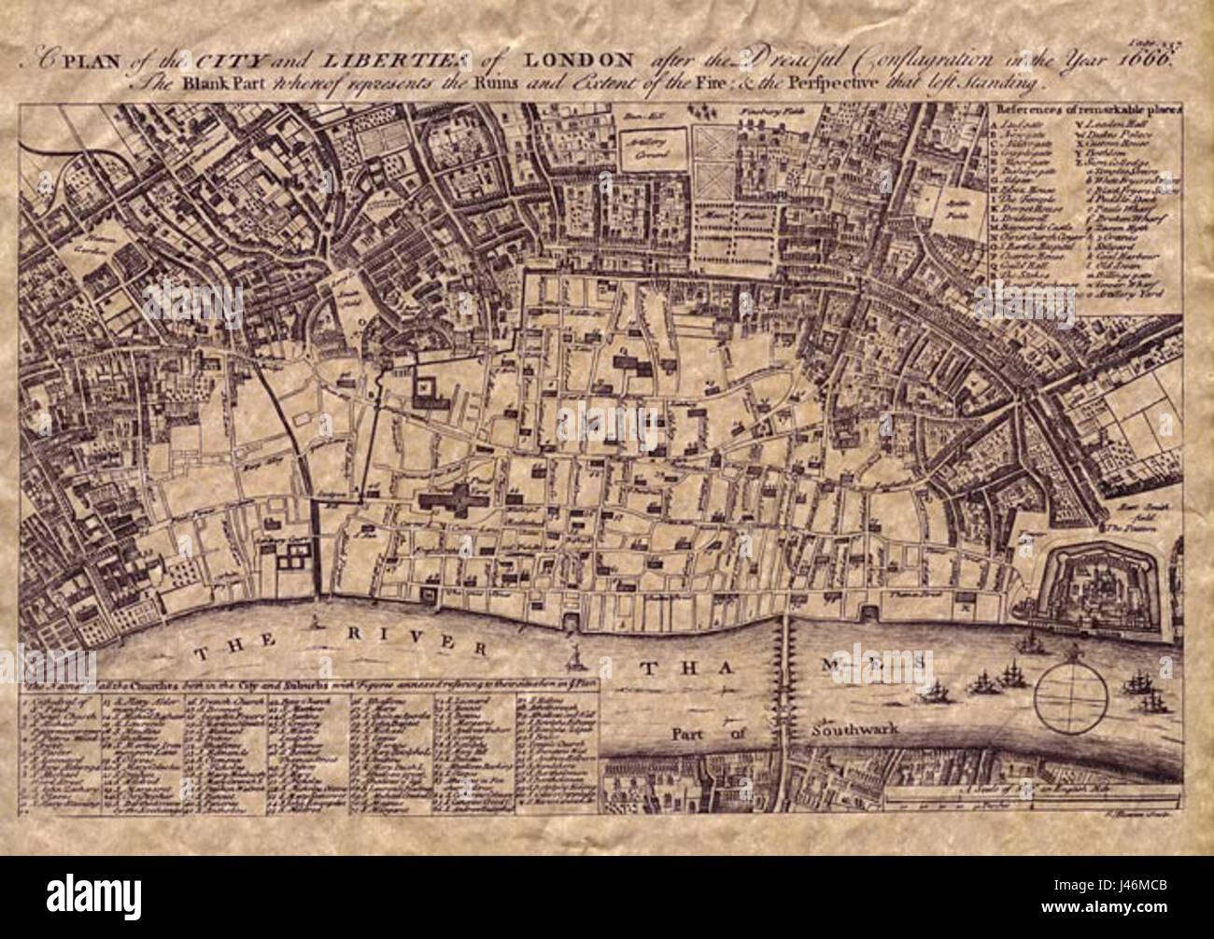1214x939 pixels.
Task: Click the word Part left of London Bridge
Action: (x=689, y=732)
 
